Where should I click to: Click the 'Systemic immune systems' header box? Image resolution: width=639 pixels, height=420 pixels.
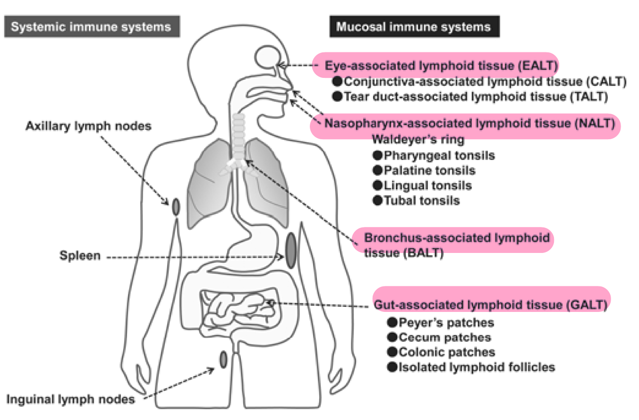tap(92, 26)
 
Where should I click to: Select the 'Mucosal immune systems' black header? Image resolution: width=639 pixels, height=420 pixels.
tap(414, 26)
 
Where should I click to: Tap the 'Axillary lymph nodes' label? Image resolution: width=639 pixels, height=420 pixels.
tap(88, 126)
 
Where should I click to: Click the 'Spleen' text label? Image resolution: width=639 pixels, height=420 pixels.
tap(80, 256)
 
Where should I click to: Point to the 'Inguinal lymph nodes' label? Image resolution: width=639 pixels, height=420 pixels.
tap(71, 399)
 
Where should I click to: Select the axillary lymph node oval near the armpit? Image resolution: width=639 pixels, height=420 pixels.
tap(176, 207)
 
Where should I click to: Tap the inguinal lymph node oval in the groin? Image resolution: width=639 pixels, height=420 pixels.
tap(223, 360)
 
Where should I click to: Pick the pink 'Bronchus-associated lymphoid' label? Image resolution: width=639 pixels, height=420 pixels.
tap(456, 238)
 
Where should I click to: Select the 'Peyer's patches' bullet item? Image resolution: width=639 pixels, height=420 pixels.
tap(446, 323)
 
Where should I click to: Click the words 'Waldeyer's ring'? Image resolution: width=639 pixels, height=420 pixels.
tap(418, 140)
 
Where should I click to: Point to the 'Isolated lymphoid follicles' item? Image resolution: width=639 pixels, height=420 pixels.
tap(476, 367)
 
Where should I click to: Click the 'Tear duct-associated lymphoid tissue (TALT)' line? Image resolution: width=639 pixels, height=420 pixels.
tap(475, 97)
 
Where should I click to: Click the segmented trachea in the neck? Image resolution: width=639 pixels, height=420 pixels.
tap(239, 137)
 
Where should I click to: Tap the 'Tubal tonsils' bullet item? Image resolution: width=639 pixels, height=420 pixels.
tap(421, 201)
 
